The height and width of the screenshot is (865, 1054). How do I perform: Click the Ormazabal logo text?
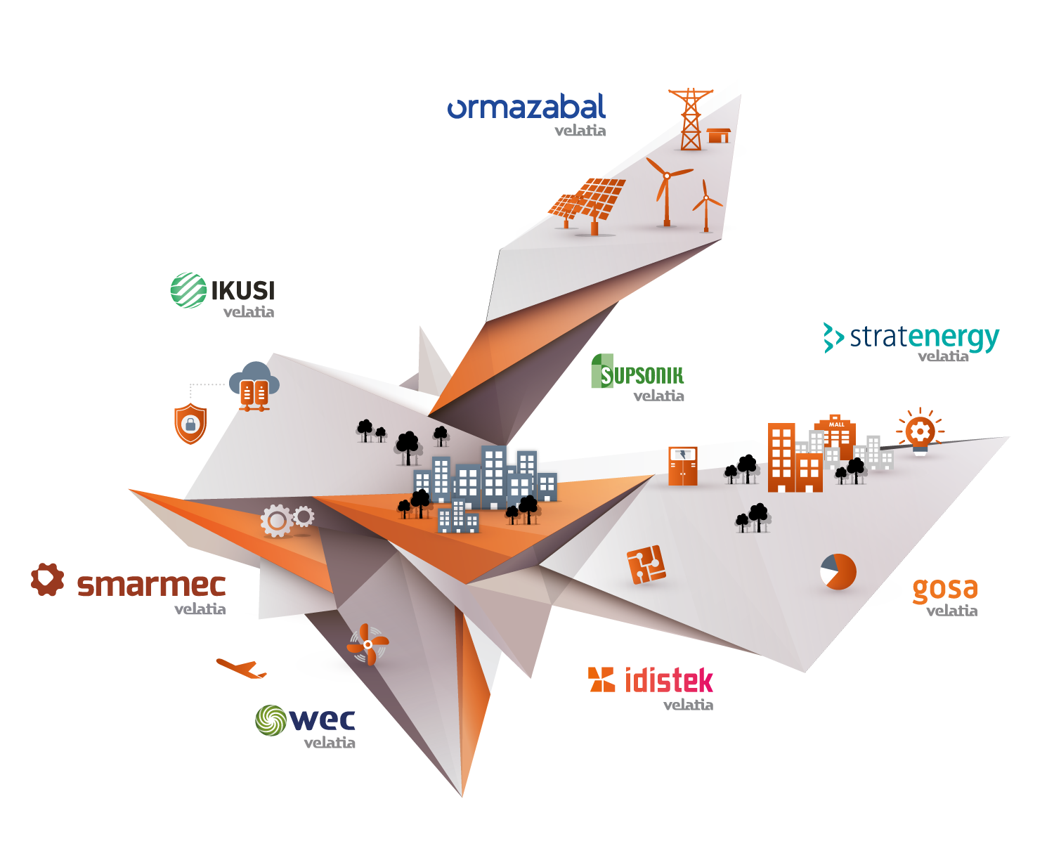click(526, 107)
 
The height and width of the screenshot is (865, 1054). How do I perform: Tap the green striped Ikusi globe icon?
click(188, 290)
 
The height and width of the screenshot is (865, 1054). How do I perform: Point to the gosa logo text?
click(944, 590)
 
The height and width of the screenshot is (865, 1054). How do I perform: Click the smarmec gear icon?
click(47, 580)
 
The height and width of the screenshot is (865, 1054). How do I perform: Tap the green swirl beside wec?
click(271, 720)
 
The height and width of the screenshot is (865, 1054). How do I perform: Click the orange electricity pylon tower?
click(691, 119)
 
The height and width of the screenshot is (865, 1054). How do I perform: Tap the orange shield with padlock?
click(190, 424)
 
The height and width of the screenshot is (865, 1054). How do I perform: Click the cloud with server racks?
click(254, 386)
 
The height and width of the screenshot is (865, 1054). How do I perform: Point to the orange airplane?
click(241, 668)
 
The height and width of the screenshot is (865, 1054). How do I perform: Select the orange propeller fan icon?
click(367, 643)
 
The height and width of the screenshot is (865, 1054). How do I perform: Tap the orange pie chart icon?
click(838, 571)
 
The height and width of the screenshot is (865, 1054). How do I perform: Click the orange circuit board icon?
click(646, 564)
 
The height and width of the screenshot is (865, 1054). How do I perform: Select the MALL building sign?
click(836, 424)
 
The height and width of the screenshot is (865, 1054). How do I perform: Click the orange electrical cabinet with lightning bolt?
click(682, 465)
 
